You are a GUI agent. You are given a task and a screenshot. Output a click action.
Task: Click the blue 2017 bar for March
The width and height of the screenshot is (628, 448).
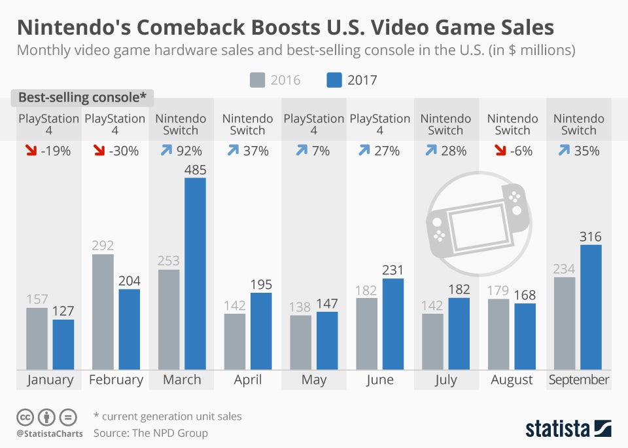point(195,274)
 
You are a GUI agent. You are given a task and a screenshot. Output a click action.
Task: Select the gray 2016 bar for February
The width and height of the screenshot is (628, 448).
point(103,312)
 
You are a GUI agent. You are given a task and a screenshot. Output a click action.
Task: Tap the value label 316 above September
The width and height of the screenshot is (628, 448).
point(590,236)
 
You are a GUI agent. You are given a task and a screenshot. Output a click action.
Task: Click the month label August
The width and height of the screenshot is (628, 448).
point(512,380)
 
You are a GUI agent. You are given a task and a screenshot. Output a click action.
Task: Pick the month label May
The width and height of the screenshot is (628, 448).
point(314,380)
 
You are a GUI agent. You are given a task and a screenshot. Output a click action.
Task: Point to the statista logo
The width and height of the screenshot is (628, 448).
point(568,429)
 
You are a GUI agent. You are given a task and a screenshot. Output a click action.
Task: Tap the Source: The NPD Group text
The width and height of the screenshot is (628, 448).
point(150,433)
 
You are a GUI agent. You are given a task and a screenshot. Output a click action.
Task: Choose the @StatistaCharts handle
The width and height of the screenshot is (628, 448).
point(50,434)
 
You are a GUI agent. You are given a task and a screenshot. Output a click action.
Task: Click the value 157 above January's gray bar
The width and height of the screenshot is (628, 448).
point(37,299)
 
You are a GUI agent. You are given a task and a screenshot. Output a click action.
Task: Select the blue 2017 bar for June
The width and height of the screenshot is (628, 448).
point(393,324)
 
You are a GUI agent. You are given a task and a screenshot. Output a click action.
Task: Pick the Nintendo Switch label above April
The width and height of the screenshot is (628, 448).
point(247,124)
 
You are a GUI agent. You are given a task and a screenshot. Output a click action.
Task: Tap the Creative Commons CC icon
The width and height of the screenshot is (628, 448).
point(25,417)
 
